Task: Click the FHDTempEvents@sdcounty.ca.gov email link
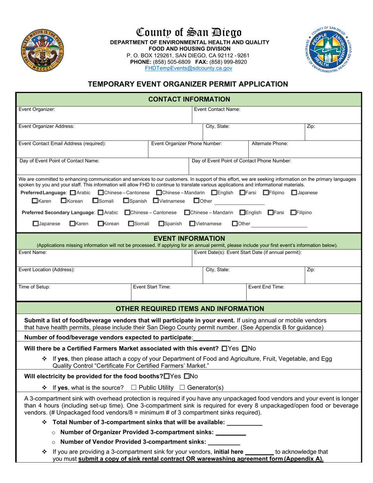coord(188,68)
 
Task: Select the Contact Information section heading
coord(188,99)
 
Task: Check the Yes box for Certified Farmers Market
coord(224,348)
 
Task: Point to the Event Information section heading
coord(188,238)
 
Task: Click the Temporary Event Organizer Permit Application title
coord(188,84)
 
